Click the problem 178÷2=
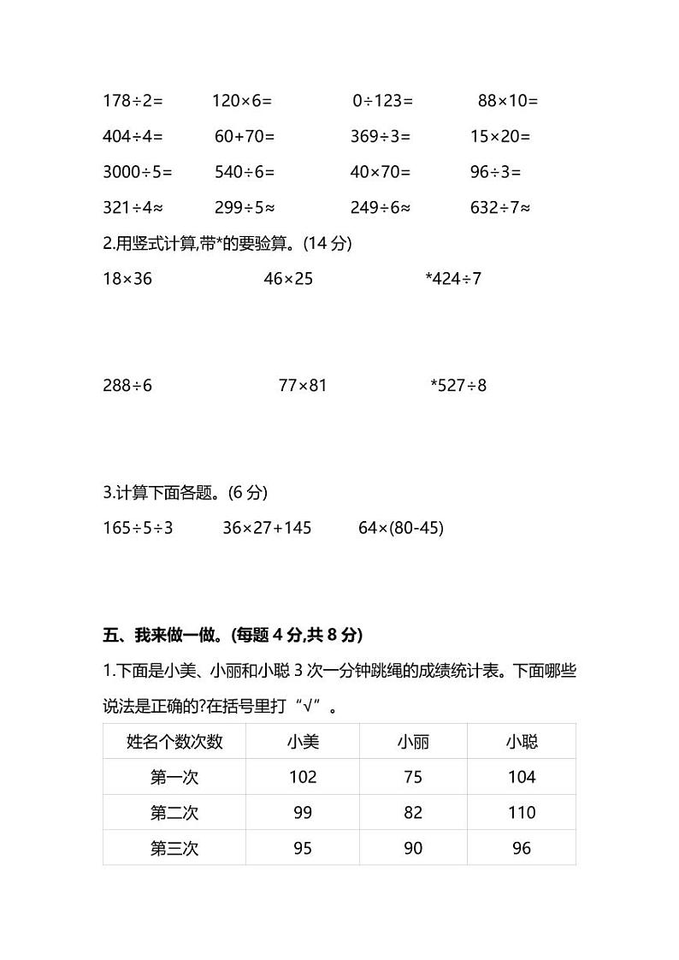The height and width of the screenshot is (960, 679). coord(133,101)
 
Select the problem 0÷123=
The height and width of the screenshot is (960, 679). coord(382,101)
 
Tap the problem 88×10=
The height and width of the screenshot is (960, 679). coord(507,101)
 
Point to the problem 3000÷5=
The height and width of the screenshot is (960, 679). coord(138,172)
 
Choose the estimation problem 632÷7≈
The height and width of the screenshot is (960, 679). coord(500,208)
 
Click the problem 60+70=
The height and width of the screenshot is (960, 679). coord(245,137)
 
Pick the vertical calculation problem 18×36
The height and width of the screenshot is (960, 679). coord(127,279)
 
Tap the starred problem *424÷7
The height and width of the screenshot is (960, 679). coord(453,279)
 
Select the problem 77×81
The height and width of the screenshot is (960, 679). coord(303,386)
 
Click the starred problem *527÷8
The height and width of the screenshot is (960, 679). coord(458,386)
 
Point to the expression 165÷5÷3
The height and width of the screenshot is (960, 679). coord(139,529)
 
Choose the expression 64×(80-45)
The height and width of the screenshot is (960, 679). coord(401,529)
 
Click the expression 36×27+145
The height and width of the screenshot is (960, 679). coord(267,529)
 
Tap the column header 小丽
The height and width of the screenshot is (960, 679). coord(413,742)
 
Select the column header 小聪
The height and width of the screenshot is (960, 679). coord(522,742)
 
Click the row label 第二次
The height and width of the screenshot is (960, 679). coord(174,813)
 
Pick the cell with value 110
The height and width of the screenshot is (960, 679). coord(522,813)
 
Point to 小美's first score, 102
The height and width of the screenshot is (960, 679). coord(303,778)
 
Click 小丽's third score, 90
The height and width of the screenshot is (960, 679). coord(413,849)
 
